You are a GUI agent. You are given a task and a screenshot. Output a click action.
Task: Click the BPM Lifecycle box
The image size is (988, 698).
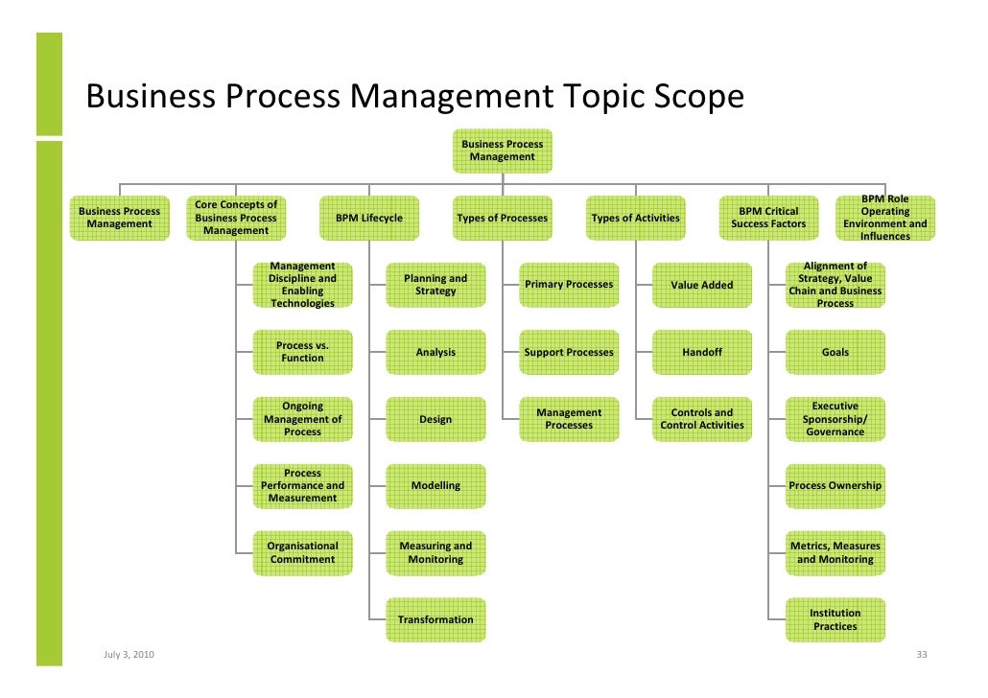pos(368,218)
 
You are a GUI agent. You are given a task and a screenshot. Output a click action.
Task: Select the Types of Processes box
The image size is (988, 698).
pos(502,218)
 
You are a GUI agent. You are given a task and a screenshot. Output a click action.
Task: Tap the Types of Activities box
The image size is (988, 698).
pos(635,218)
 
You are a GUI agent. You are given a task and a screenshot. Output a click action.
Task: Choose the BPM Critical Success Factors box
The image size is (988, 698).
pos(768,218)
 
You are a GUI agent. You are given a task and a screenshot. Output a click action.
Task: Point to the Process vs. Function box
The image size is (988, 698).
pos(302,352)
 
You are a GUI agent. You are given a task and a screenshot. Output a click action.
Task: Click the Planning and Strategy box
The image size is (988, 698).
pos(435,285)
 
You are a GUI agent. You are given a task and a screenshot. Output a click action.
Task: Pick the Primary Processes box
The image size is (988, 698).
pos(569,285)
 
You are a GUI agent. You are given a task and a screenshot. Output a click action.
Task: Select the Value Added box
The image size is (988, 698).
pos(702,285)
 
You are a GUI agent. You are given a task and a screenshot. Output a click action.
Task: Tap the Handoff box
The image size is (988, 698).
pos(702,352)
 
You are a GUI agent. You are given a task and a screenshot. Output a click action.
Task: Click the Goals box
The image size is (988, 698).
pos(835,352)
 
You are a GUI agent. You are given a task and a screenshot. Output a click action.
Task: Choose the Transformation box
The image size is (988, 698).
pos(435,619)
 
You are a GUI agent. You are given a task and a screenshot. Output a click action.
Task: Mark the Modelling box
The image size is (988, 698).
pos(435,486)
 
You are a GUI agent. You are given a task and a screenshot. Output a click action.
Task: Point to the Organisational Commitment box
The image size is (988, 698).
pos(302,552)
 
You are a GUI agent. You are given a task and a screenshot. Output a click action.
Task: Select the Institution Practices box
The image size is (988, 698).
pos(835,619)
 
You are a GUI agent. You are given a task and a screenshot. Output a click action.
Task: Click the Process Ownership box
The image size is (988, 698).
pos(835,486)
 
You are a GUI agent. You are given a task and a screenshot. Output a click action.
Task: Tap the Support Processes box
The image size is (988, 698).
pos(569,352)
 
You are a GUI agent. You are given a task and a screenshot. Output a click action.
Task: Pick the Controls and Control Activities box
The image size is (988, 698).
pos(702,419)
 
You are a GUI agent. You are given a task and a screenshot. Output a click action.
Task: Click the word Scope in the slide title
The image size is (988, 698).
pos(696,98)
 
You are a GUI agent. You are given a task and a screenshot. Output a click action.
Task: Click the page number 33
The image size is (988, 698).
pos(922,655)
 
